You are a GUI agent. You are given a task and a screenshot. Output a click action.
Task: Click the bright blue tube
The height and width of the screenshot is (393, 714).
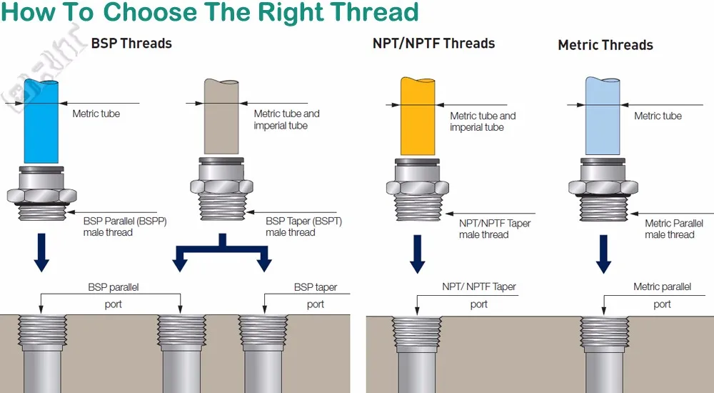pos(41,121)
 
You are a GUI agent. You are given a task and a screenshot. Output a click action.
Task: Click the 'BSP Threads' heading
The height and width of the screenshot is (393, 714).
pos(131,44)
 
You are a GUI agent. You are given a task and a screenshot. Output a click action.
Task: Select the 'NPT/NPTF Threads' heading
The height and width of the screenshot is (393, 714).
pos(433,44)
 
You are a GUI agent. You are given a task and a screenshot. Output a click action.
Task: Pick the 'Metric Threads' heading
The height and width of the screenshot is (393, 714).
pos(605,45)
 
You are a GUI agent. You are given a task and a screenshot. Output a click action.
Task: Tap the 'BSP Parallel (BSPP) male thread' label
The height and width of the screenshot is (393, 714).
pos(125,227)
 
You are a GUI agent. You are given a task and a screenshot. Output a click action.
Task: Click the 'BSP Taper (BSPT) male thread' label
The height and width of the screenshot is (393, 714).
pos(303,227)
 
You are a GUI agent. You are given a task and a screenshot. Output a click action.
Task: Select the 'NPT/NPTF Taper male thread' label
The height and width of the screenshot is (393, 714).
pos(495,229)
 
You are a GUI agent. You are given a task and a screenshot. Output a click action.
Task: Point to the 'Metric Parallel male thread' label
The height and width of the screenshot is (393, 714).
pos(674,229)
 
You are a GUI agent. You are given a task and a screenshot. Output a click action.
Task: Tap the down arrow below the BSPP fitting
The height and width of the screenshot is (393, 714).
pos(41,253)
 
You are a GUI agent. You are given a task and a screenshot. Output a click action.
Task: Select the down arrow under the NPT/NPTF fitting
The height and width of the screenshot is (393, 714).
pos(417,254)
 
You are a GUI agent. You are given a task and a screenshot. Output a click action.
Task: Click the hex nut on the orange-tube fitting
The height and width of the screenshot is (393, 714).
pos(418,187)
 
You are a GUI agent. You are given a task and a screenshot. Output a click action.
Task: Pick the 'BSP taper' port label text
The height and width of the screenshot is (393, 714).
pos(316,287)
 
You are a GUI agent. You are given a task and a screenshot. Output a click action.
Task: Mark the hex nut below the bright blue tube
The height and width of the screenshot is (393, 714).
pos(41,196)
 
